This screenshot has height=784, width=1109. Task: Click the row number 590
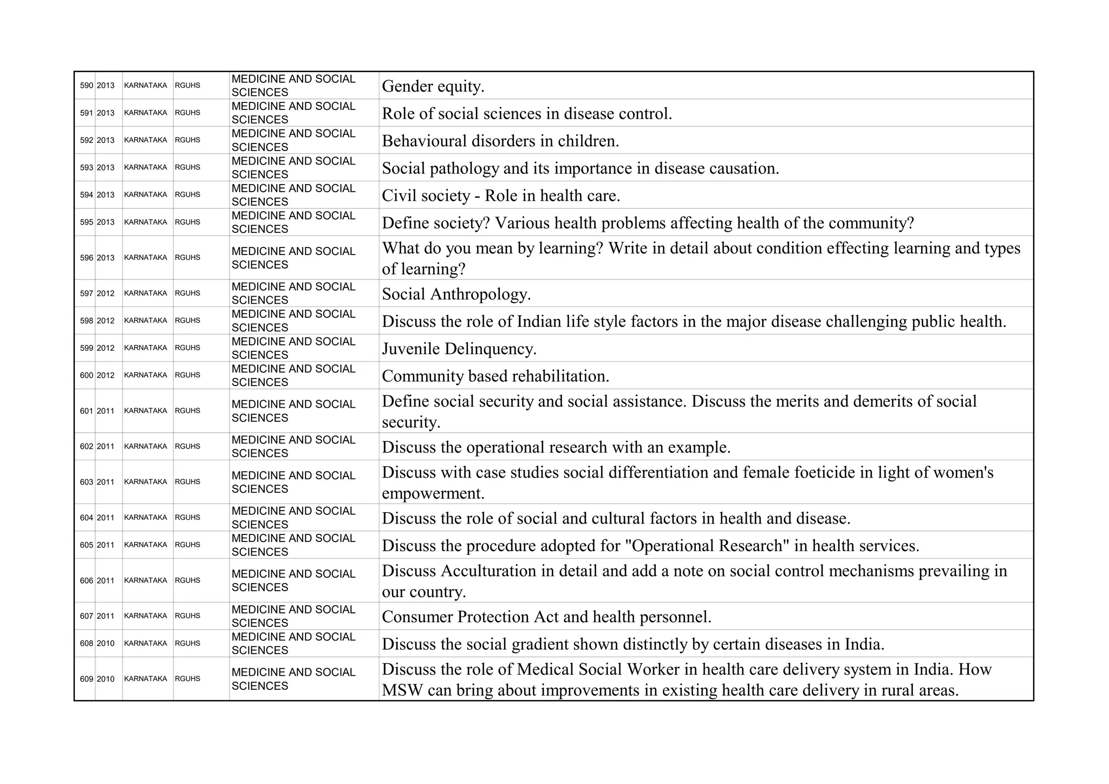(86, 86)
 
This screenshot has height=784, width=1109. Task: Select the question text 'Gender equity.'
(433, 86)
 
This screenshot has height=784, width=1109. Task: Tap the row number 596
(86, 258)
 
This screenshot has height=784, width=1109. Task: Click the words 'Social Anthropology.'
(456, 294)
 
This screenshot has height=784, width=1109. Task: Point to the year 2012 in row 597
(106, 293)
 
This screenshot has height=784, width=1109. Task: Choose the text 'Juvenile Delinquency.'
(459, 349)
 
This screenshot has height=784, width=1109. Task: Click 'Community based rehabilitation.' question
(495, 376)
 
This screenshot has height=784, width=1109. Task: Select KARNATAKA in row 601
(145, 411)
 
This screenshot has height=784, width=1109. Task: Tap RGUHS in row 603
(187, 482)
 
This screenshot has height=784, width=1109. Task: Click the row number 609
(86, 679)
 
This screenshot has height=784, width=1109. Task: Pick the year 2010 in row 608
(106, 643)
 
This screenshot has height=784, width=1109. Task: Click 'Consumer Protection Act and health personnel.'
(546, 617)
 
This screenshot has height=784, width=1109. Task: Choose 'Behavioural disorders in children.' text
(500, 141)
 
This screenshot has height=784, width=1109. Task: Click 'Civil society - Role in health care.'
(500, 195)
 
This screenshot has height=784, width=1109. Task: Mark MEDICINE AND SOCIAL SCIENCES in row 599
(293, 348)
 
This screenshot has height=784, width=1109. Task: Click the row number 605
(86, 545)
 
